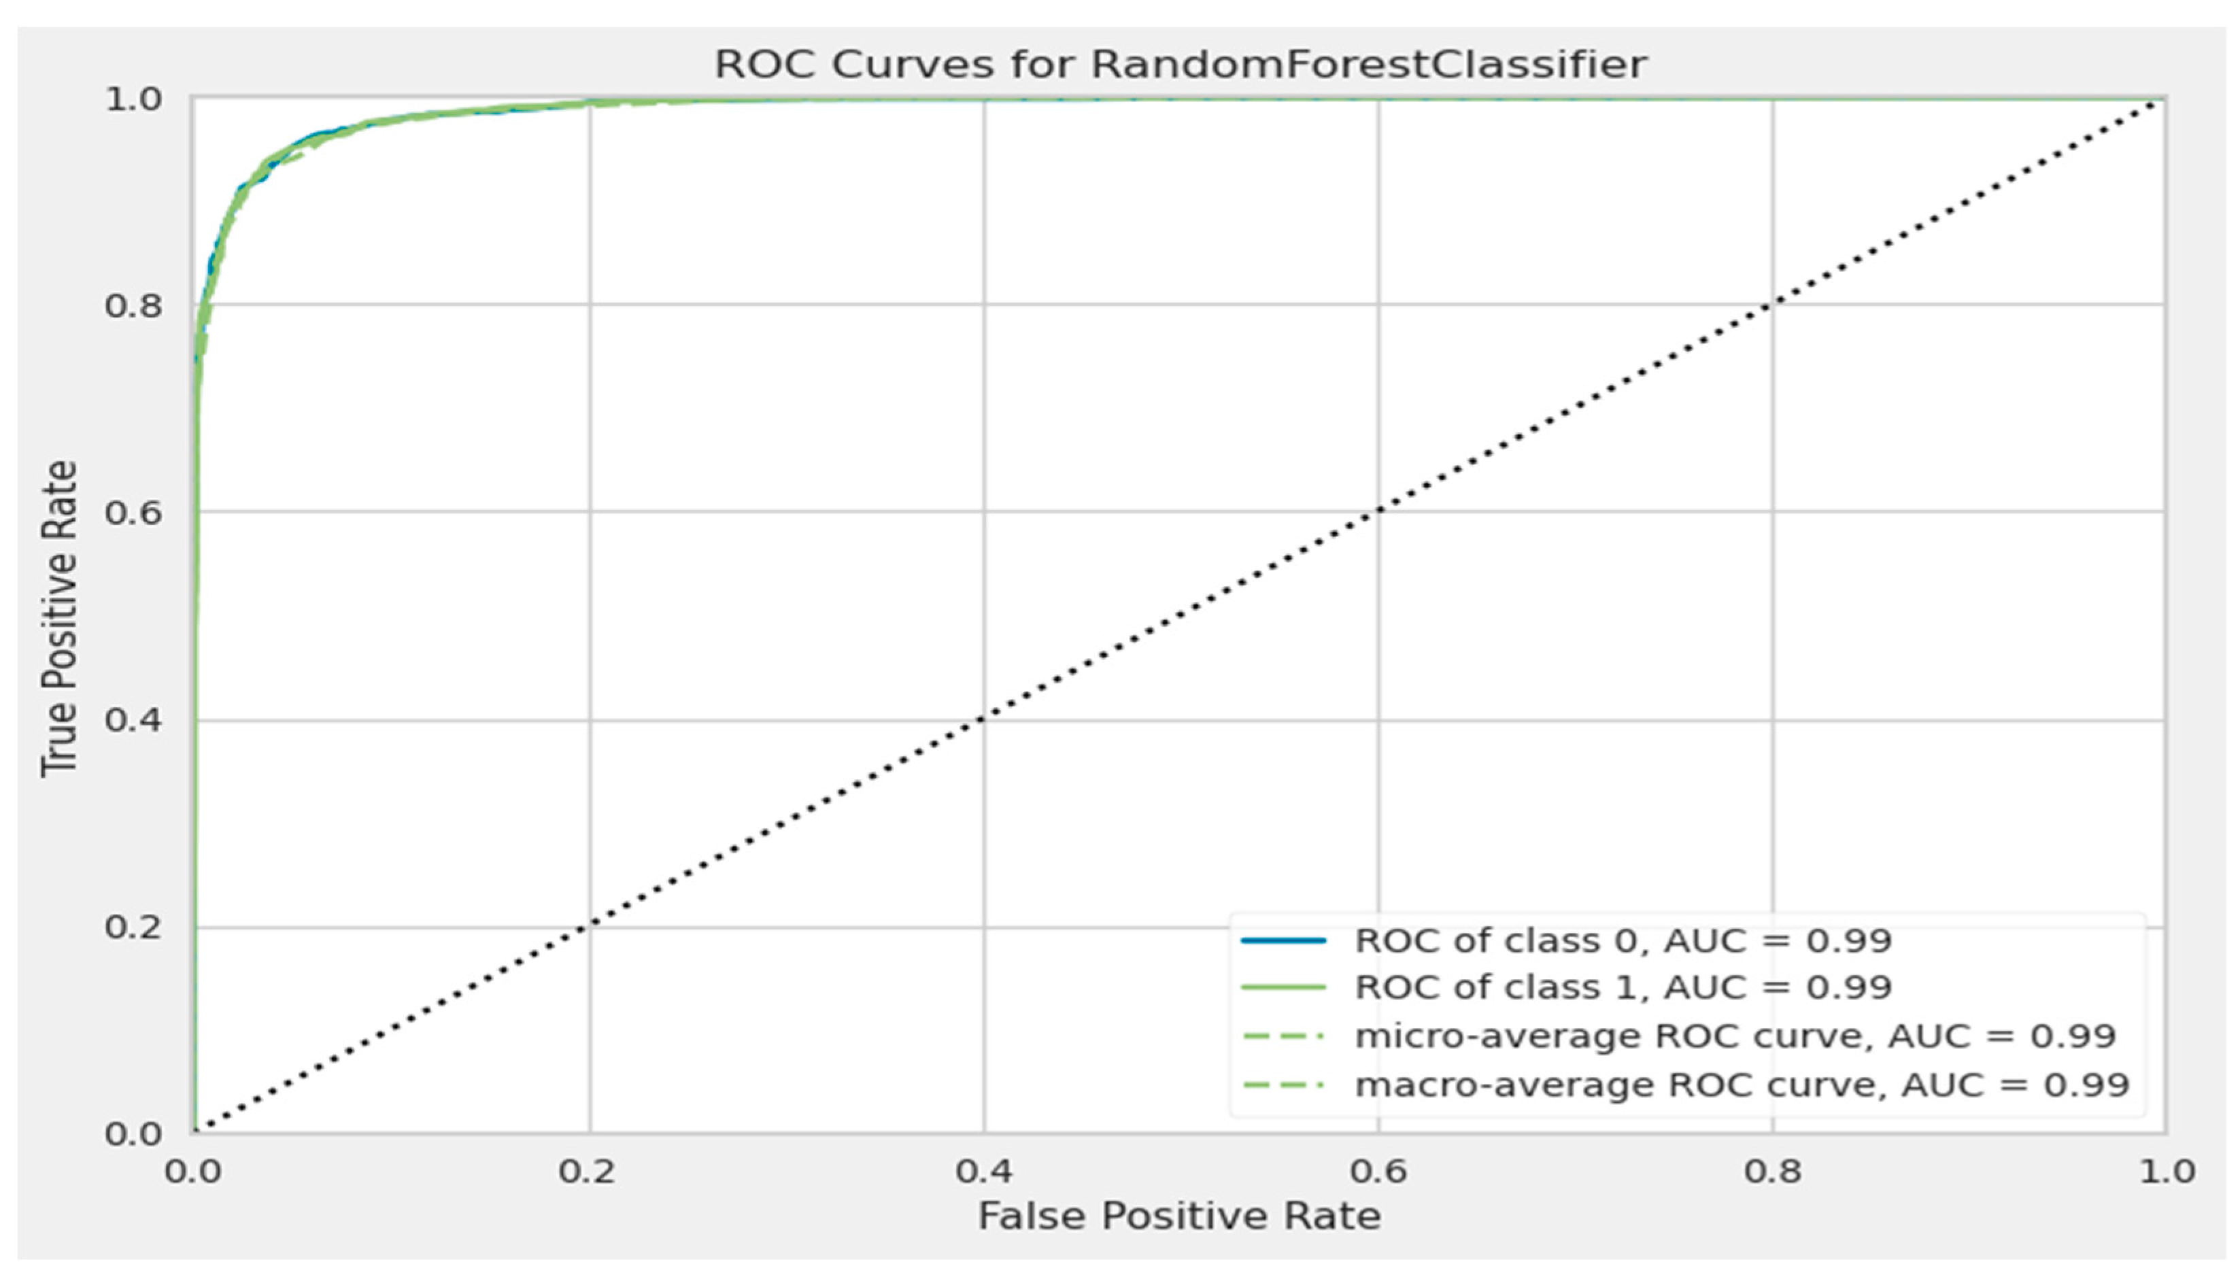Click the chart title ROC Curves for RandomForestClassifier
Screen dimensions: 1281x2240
coord(1180,64)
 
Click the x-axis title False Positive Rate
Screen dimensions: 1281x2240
coord(1179,1217)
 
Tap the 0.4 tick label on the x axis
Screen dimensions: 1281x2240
coord(983,1171)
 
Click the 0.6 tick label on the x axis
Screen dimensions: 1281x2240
coord(1378,1171)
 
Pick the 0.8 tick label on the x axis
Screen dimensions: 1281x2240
coord(1773,1171)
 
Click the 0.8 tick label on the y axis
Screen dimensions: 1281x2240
coord(134,306)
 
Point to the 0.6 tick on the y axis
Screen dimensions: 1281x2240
coord(134,512)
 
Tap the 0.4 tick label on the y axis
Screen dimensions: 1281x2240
coord(134,721)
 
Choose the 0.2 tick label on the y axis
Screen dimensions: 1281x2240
coord(134,927)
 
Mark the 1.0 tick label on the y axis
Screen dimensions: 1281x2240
coord(134,99)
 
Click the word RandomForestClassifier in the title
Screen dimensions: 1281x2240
coord(1368,64)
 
